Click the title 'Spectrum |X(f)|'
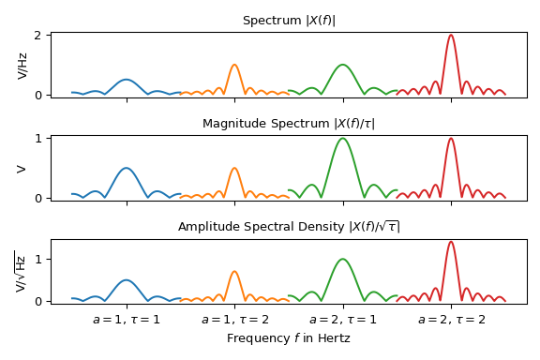289,21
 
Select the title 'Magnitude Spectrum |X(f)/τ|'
289,124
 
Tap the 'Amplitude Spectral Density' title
289,227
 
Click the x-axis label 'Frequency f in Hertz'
289,338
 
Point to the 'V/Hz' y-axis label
22,65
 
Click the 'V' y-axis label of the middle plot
22,168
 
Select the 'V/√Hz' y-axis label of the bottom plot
21,271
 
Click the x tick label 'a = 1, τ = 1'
127,320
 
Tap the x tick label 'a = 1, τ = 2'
234,320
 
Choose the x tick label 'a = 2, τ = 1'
343,320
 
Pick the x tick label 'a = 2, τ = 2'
451,320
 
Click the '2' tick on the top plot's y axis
39,36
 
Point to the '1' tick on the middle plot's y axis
39,139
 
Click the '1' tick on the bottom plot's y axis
39,259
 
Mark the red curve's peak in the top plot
451,36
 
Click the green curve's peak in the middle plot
343,139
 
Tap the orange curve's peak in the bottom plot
234,271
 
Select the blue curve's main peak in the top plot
127,80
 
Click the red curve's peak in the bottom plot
451,242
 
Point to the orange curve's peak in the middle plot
234,168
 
